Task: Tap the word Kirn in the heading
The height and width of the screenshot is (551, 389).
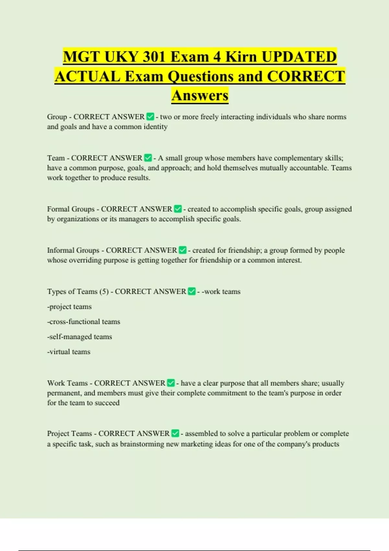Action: (241, 57)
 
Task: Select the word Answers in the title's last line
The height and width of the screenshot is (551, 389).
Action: (200, 96)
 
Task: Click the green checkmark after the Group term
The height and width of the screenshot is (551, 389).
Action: (150, 117)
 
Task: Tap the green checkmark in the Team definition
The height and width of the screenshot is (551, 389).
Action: (148, 158)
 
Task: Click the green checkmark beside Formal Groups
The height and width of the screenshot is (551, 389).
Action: (178, 209)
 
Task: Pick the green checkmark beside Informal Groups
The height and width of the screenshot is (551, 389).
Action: (183, 250)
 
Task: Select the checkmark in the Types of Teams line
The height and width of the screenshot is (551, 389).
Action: (192, 291)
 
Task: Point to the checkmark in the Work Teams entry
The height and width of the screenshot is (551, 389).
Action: (171, 383)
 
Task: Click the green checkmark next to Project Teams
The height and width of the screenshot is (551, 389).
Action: (175, 434)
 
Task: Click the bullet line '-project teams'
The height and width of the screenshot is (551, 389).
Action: (69, 307)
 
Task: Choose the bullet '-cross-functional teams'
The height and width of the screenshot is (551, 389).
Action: (84, 322)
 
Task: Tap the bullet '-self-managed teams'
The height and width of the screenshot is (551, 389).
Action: (79, 337)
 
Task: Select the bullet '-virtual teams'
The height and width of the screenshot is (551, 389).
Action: (69, 352)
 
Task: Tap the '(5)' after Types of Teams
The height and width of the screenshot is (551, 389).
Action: (104, 292)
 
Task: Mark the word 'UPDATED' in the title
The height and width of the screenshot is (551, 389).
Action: (299, 57)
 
